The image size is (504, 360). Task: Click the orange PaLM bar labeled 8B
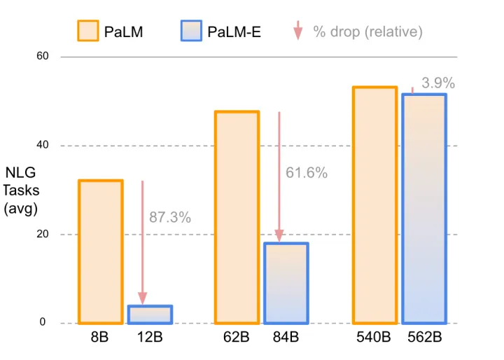tap(101, 251)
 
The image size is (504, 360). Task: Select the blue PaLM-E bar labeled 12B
tap(150, 314)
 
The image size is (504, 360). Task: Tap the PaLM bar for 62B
tap(237, 217)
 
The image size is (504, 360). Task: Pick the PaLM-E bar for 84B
tap(286, 283)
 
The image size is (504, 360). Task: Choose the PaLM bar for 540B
tap(374, 205)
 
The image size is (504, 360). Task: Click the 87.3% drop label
tap(170, 218)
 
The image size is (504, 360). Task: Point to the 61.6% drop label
tap(307, 173)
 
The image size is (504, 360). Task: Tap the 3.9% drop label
tap(438, 83)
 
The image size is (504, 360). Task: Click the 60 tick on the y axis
tap(42, 55)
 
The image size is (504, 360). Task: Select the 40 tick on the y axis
tap(42, 145)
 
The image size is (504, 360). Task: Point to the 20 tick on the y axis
tap(42, 234)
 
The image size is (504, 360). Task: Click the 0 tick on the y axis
tap(43, 323)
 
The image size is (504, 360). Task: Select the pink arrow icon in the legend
tap(297, 31)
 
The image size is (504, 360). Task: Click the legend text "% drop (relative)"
tap(367, 32)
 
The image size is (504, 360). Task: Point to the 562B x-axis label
tap(424, 338)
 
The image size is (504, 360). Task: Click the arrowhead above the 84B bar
tap(280, 236)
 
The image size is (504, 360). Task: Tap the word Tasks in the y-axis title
tap(21, 191)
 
